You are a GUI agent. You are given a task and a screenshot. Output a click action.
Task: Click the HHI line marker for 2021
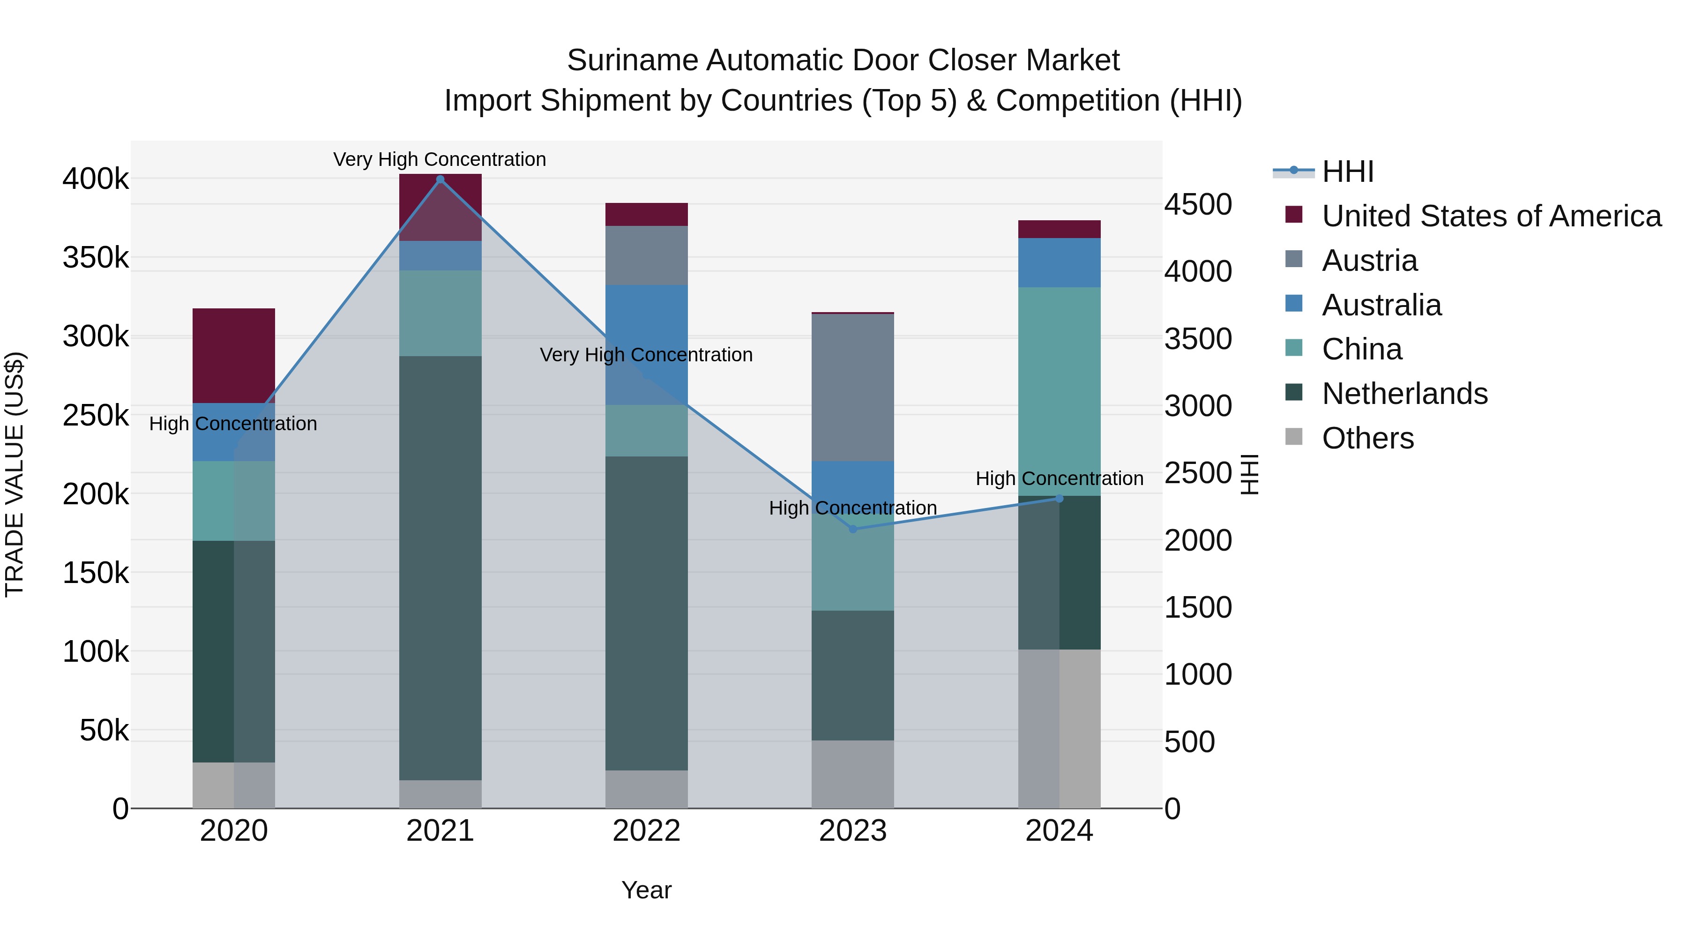[440, 179]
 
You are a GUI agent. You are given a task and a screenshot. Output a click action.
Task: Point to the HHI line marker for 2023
[853, 529]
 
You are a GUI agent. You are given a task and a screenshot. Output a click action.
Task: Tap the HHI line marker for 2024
[1059, 499]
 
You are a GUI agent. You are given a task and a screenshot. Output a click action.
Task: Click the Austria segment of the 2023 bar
[853, 387]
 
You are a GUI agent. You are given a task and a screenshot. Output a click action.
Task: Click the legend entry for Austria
[1369, 261]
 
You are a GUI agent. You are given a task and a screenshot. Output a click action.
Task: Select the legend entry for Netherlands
[1405, 394]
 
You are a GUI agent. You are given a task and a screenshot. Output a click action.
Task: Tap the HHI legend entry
[1347, 172]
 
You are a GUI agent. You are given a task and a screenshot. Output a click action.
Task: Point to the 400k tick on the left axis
[96, 179]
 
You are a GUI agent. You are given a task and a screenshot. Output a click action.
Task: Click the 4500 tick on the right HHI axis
[1198, 204]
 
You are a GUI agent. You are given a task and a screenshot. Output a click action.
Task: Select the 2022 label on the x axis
[646, 831]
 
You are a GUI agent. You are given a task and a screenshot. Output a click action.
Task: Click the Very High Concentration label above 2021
[440, 159]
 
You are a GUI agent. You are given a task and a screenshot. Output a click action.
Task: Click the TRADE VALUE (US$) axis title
[15, 474]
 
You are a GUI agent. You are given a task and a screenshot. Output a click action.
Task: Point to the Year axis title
[646, 890]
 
